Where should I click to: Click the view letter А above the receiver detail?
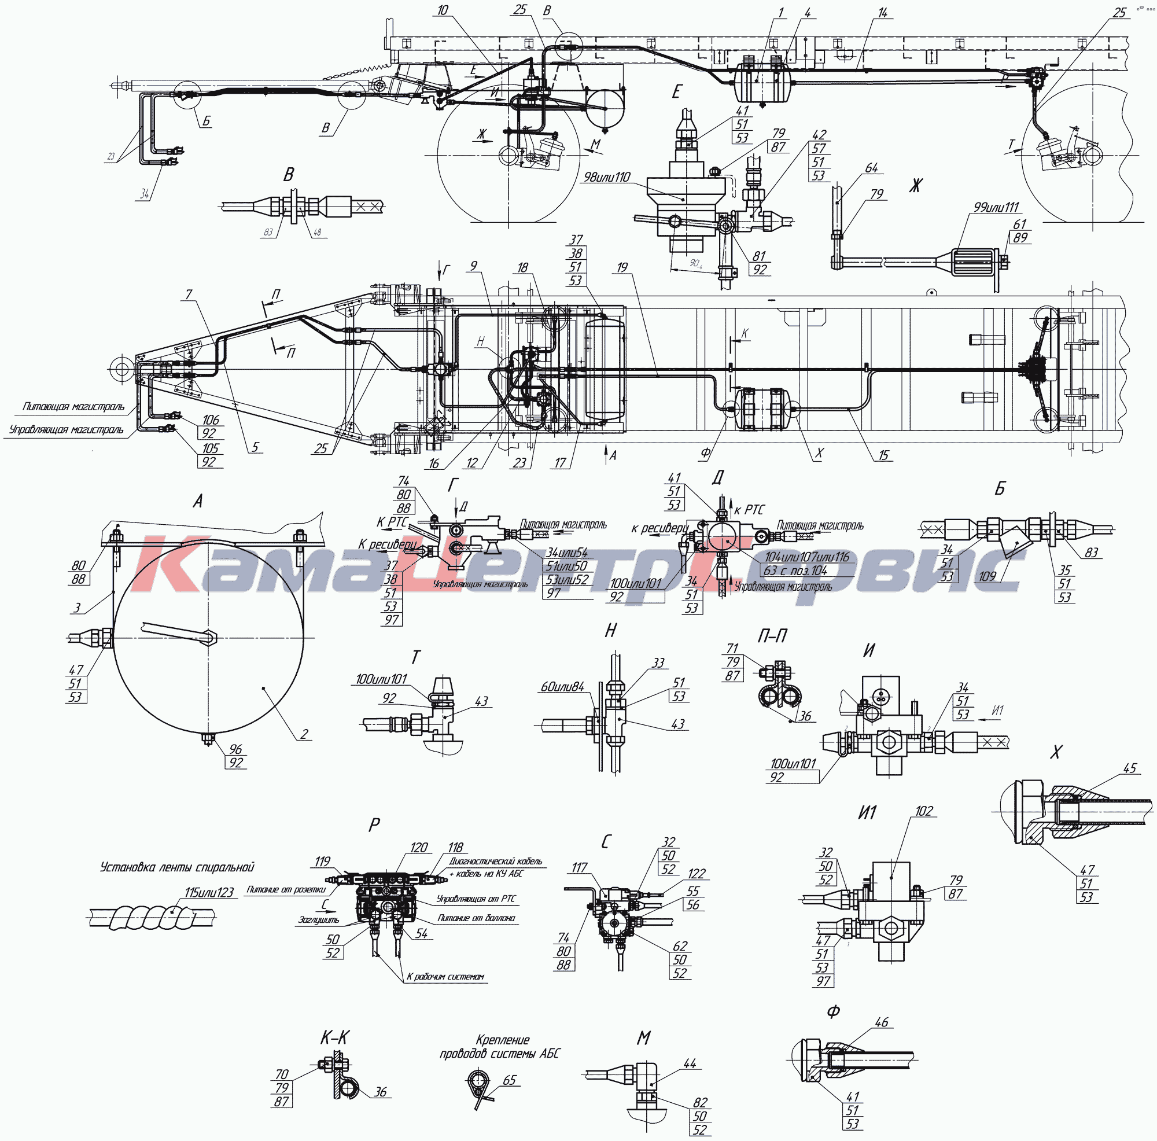(x=198, y=501)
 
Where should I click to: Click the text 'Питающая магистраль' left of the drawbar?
(x=73, y=407)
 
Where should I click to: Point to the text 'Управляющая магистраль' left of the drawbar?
(x=67, y=430)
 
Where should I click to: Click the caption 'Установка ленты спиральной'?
(x=177, y=867)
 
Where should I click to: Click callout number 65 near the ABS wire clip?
(x=510, y=1080)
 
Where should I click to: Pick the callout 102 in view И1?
(x=924, y=811)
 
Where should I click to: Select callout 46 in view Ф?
(x=882, y=1022)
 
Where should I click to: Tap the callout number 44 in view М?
(x=690, y=1063)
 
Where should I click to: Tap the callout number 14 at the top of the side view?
(x=884, y=13)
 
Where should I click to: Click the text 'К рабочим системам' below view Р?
(x=445, y=977)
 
